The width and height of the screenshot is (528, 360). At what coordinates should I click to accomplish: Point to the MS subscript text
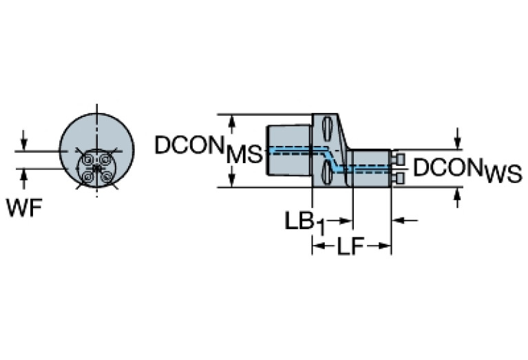tap(244, 156)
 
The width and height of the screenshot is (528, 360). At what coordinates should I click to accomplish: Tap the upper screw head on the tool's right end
tap(398, 160)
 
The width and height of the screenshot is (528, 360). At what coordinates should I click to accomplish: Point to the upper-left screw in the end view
tap(88, 159)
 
